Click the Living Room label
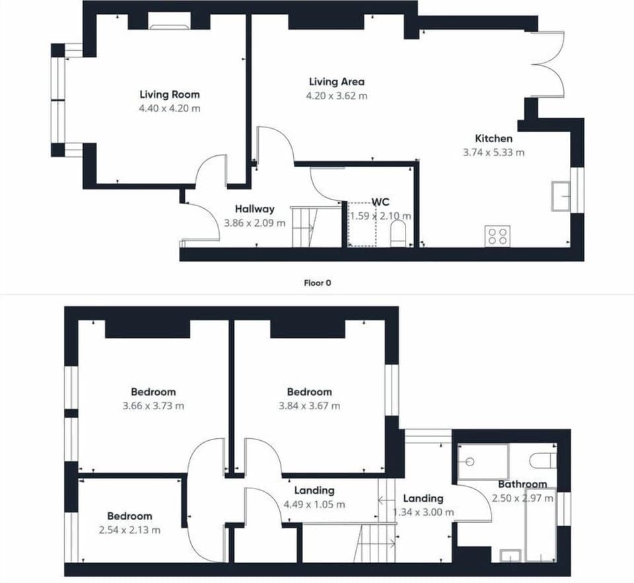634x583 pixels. point(170,95)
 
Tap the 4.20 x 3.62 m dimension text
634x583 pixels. point(337,96)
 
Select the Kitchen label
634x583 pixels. point(494,138)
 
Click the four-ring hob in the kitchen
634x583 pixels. point(497,236)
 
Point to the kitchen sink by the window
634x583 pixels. point(561,196)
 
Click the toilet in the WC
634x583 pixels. point(398,234)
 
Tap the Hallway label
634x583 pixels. point(255,209)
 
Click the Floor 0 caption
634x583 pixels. point(318,283)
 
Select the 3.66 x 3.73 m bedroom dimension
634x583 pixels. point(153,406)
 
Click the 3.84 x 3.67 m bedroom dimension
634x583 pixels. point(309,406)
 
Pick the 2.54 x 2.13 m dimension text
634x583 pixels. point(130,530)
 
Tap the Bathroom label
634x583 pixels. point(522,484)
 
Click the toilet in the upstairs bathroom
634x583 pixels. point(543,461)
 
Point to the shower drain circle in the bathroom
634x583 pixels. point(470,461)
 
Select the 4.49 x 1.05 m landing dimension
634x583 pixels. point(314,504)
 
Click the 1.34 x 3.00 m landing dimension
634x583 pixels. point(423,512)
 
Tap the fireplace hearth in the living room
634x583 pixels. point(170,27)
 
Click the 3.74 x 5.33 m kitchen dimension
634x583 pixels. point(494,153)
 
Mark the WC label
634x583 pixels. point(380,202)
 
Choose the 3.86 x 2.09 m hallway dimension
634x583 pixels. point(255,223)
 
